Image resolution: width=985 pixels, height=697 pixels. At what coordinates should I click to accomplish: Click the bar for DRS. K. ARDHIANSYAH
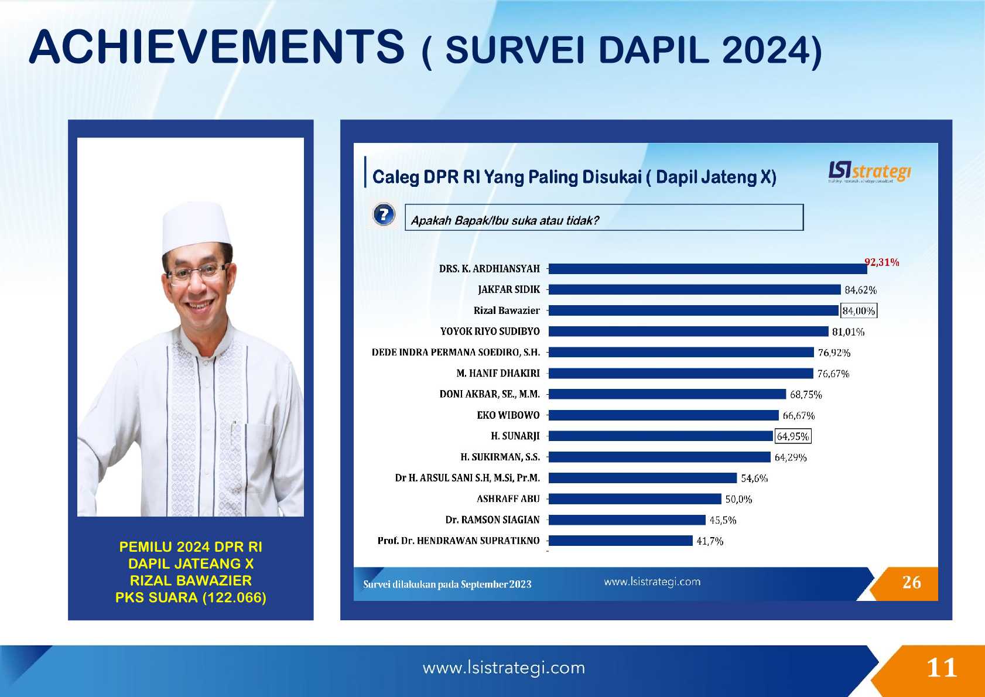pos(707,269)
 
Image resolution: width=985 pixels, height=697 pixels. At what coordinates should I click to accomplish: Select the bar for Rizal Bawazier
pos(693,310)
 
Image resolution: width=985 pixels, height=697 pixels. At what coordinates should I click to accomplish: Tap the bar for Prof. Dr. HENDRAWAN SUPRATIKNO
pos(620,541)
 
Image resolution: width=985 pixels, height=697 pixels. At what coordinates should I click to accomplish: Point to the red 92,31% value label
pos(881,262)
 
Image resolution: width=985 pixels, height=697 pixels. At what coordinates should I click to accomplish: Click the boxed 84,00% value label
pos(859,311)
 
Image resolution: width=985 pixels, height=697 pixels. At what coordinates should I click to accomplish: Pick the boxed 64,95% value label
pos(793,436)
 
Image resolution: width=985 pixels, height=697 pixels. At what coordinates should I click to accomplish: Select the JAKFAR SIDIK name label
pos(508,289)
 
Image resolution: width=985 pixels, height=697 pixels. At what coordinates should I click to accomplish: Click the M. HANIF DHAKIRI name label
pos(498,373)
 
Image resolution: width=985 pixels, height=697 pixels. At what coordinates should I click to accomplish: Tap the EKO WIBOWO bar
pos(663,415)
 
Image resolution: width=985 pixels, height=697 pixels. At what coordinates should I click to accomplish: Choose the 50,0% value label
pos(738,500)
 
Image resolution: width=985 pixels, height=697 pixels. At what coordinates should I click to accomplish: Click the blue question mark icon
pos(384,215)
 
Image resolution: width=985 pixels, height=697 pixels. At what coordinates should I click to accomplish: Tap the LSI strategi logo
pos(869,172)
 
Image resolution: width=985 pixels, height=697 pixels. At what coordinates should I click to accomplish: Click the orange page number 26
pos(911,582)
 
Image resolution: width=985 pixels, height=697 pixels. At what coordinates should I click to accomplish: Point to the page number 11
pos(942,668)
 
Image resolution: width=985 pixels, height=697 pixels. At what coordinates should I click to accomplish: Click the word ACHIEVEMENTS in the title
pos(217,47)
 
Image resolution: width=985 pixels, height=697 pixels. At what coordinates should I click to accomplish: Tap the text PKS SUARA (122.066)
pos(191,597)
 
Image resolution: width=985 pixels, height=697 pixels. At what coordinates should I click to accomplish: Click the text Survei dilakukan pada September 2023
pos(447,585)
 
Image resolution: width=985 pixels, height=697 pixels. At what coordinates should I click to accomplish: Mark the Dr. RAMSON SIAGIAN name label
pos(492,520)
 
